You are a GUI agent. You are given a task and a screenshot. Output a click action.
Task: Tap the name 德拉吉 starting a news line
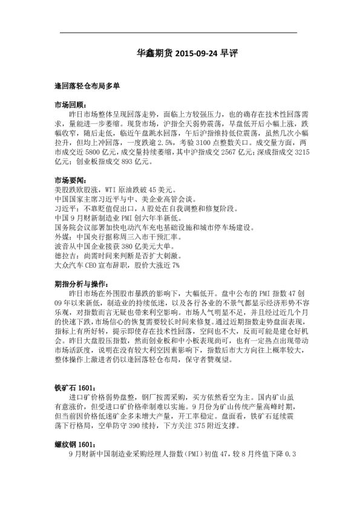(64, 255)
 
